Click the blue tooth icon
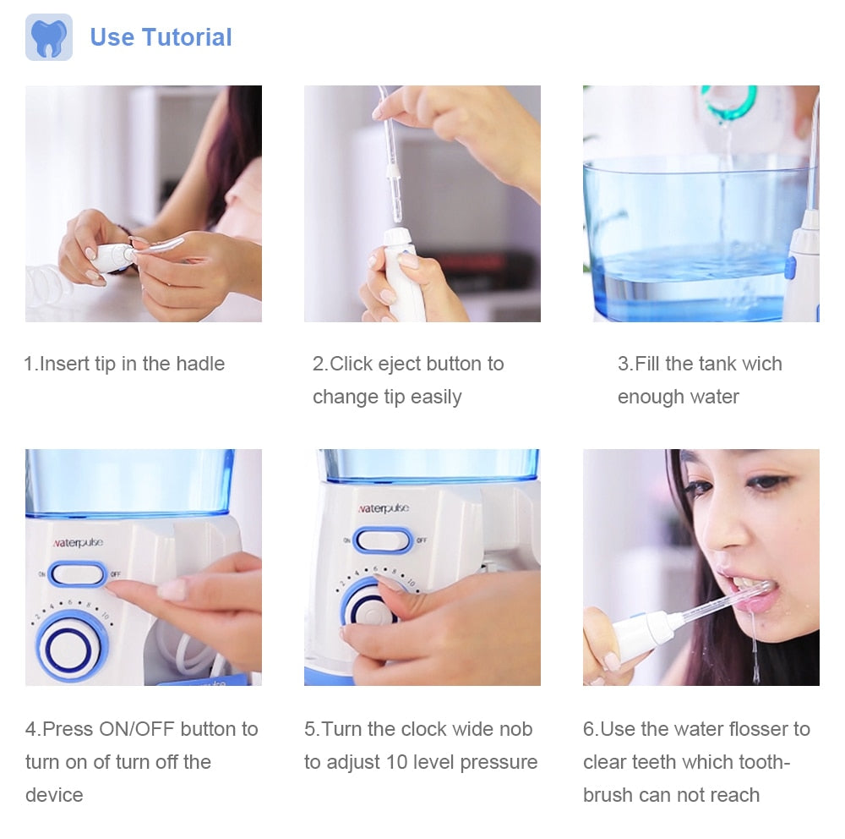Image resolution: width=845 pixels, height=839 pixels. pyautogui.click(x=48, y=37)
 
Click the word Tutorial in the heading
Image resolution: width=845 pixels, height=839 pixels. pyautogui.click(x=187, y=37)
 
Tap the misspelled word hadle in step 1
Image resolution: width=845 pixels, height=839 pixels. pyautogui.click(x=200, y=364)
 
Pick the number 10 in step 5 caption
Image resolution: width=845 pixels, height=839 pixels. pyautogui.click(x=396, y=762)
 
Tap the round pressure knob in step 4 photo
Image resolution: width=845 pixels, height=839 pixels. pyautogui.click(x=68, y=646)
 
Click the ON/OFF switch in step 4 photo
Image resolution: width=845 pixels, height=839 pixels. pyautogui.click(x=77, y=574)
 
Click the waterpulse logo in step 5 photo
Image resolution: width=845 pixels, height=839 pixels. pyautogui.click(x=384, y=507)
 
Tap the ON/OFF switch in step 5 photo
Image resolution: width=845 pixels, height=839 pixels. pyautogui.click(x=383, y=540)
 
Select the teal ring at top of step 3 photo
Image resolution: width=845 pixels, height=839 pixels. pyautogui.click(x=728, y=102)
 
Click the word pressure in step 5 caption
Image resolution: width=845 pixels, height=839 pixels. pyautogui.click(x=499, y=763)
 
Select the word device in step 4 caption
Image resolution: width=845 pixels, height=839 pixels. pyautogui.click(x=54, y=795)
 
